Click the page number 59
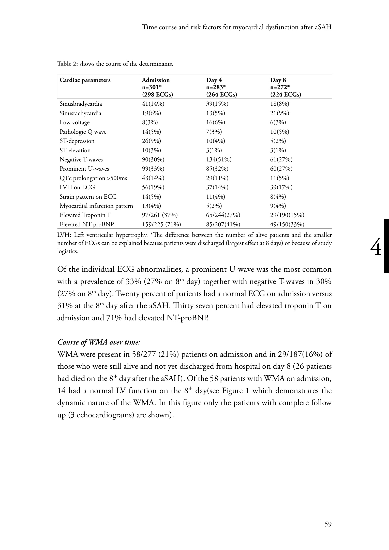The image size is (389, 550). [328, 524]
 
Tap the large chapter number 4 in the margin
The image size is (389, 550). [376, 247]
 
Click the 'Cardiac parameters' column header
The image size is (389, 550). [85, 80]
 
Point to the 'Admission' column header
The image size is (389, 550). [156, 80]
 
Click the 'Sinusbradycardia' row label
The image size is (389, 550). [81, 104]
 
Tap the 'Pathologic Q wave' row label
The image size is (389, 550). [83, 132]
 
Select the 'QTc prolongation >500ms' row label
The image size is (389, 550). [93, 178]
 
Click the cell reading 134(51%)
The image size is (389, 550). [219, 160]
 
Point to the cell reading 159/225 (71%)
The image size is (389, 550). [161, 224]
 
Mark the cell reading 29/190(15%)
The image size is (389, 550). [287, 215]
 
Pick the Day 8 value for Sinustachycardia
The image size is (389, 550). [279, 113]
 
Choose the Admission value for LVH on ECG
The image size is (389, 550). [153, 187]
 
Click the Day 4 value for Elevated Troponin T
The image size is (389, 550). [223, 215]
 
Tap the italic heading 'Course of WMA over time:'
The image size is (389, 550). [99, 342]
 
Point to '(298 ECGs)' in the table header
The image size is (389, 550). [157, 95]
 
